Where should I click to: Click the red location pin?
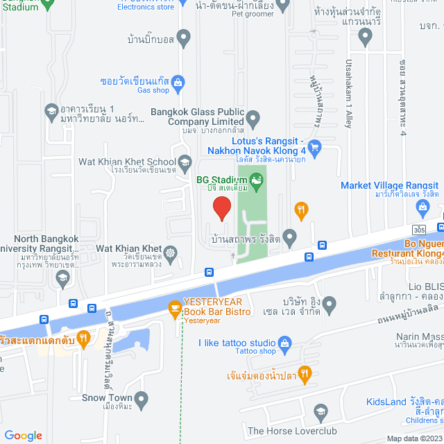tap(221, 207)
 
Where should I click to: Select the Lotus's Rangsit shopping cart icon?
tap(314, 146)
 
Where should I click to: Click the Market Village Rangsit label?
tap(389, 185)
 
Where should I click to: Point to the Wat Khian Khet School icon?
tap(185, 164)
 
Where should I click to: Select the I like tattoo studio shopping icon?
tap(284, 343)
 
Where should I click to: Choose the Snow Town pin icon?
tap(142, 398)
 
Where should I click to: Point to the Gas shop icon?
tap(178, 80)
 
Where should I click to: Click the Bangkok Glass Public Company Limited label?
tap(197, 116)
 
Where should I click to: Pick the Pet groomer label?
tap(253, 12)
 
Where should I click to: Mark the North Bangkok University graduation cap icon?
tap(63, 259)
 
